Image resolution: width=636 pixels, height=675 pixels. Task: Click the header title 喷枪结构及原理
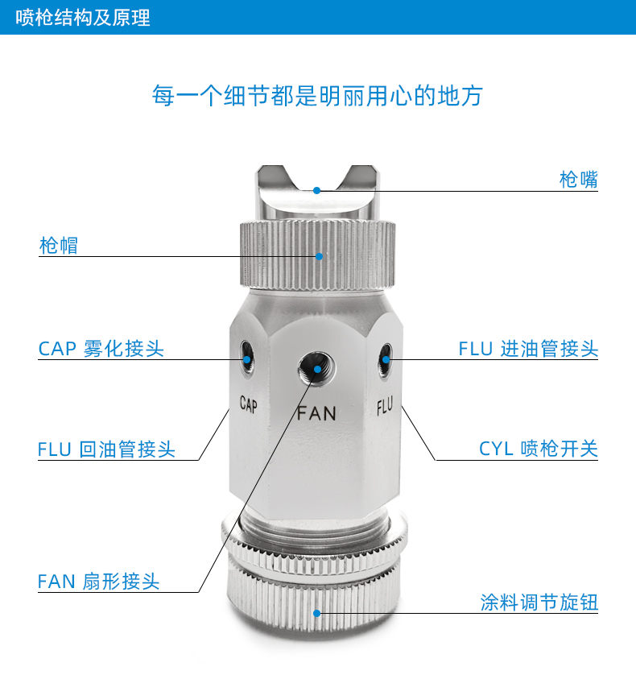(83, 18)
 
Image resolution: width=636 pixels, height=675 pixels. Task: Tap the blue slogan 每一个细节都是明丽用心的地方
(317, 95)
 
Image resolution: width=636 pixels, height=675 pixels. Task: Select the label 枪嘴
(578, 179)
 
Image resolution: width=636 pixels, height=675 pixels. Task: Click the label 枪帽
(59, 246)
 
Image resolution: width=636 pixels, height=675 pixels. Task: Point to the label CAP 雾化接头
(101, 348)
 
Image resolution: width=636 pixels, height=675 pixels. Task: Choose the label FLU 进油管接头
(528, 348)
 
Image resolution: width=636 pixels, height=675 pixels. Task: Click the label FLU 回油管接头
(106, 449)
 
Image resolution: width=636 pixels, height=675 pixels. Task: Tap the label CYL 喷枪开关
(539, 449)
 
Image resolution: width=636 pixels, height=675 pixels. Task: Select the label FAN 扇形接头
(98, 581)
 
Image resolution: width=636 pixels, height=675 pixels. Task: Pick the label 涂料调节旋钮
(539, 602)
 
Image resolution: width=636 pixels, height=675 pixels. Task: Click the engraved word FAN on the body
(316, 413)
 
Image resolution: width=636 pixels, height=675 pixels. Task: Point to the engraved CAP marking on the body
(249, 404)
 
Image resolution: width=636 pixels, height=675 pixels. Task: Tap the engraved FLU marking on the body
(385, 406)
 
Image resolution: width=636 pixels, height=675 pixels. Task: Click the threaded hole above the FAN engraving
(316, 369)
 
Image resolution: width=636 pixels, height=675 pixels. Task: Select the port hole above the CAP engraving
(247, 358)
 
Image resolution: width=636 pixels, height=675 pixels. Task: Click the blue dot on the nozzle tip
(316, 190)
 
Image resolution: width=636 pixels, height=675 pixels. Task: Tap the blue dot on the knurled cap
(319, 257)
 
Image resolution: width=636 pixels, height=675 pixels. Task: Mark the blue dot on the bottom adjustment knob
(317, 613)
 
